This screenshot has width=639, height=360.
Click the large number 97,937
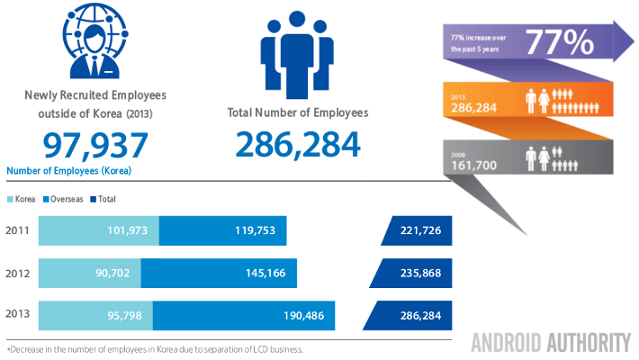click(95, 145)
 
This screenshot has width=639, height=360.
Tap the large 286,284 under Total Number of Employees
click(298, 144)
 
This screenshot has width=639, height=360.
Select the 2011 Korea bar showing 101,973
click(99, 231)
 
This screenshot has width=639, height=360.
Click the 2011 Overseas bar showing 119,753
click(222, 231)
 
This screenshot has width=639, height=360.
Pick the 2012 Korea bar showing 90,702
click(90, 273)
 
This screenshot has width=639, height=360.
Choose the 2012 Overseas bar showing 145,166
click(219, 273)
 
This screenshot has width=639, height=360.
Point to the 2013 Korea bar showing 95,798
click(96, 315)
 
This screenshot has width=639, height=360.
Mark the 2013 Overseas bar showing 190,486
click(244, 315)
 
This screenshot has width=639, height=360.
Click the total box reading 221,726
click(416, 231)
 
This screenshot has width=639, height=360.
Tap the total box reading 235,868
click(416, 273)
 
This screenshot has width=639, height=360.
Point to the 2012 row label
click(18, 273)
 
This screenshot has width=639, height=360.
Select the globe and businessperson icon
click(95, 40)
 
